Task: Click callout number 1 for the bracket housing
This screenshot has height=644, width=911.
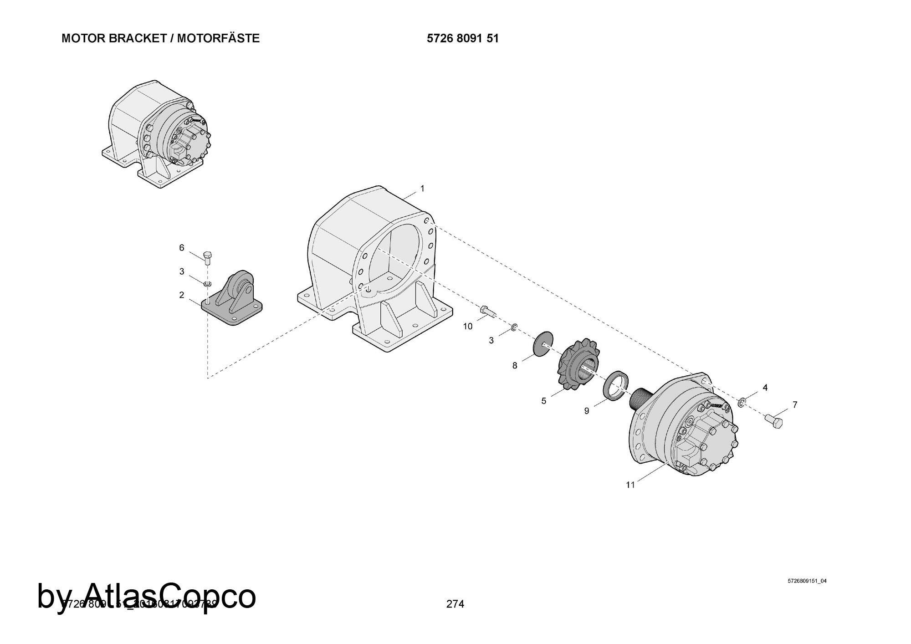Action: coord(422,189)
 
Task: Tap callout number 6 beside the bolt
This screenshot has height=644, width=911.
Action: coord(182,248)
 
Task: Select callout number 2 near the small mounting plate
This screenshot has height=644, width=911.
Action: coord(182,295)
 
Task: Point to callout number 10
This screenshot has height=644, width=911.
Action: coord(468,327)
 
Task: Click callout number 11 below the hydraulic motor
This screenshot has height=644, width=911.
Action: coord(630,485)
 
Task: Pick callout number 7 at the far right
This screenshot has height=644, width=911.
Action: coord(795,404)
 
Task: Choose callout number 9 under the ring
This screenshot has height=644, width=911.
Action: coord(587,411)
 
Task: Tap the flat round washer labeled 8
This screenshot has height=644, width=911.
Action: coord(543,345)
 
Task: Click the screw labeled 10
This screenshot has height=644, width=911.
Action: coord(487,312)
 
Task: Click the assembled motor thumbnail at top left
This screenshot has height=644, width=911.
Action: coord(157,134)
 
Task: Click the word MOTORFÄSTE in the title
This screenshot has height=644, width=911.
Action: coord(218,38)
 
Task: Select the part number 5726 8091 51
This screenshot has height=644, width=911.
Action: coord(463,38)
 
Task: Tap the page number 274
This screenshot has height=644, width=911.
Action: coord(455,604)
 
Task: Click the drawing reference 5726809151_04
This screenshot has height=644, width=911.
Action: coord(807,581)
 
